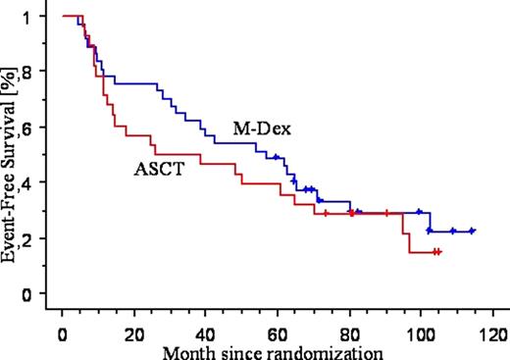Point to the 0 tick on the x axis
tap(62, 326)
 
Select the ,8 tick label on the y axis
tap(36, 72)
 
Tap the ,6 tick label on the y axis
tap(36, 128)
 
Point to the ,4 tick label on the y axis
tap(36, 182)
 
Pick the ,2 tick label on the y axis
tap(36, 238)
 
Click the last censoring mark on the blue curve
tap(472, 231)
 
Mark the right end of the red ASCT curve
tap(439, 252)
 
